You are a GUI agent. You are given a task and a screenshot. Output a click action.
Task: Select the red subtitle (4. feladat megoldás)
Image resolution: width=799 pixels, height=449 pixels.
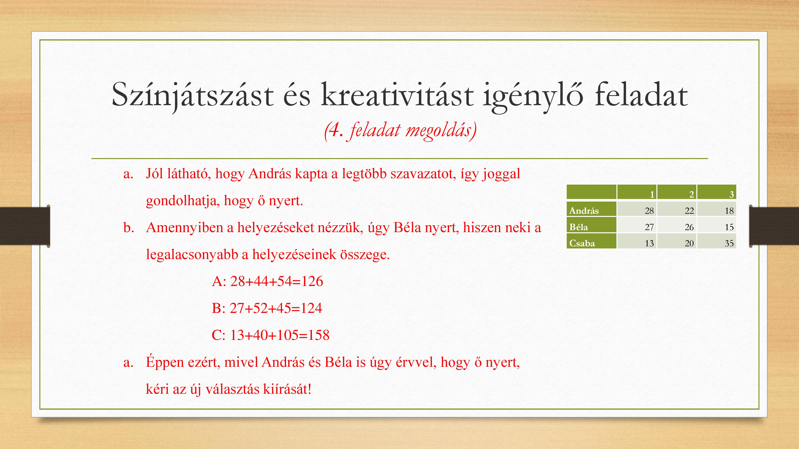click(x=400, y=131)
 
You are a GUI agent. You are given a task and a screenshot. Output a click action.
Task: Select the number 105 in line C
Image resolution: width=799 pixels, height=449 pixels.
click(x=288, y=335)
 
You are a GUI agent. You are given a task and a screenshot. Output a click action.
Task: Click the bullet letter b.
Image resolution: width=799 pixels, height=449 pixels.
click(x=128, y=227)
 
